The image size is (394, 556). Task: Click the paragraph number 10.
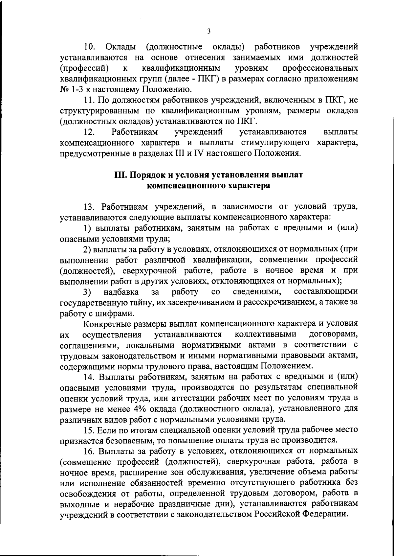coord(89,47)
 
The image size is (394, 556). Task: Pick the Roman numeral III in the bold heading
coord(120,175)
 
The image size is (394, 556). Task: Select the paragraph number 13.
coord(89,207)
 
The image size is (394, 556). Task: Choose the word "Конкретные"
coord(107,324)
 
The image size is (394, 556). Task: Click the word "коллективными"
coord(266,335)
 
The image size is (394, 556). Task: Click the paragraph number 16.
coord(89,451)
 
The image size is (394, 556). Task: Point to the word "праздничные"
coord(196,504)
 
